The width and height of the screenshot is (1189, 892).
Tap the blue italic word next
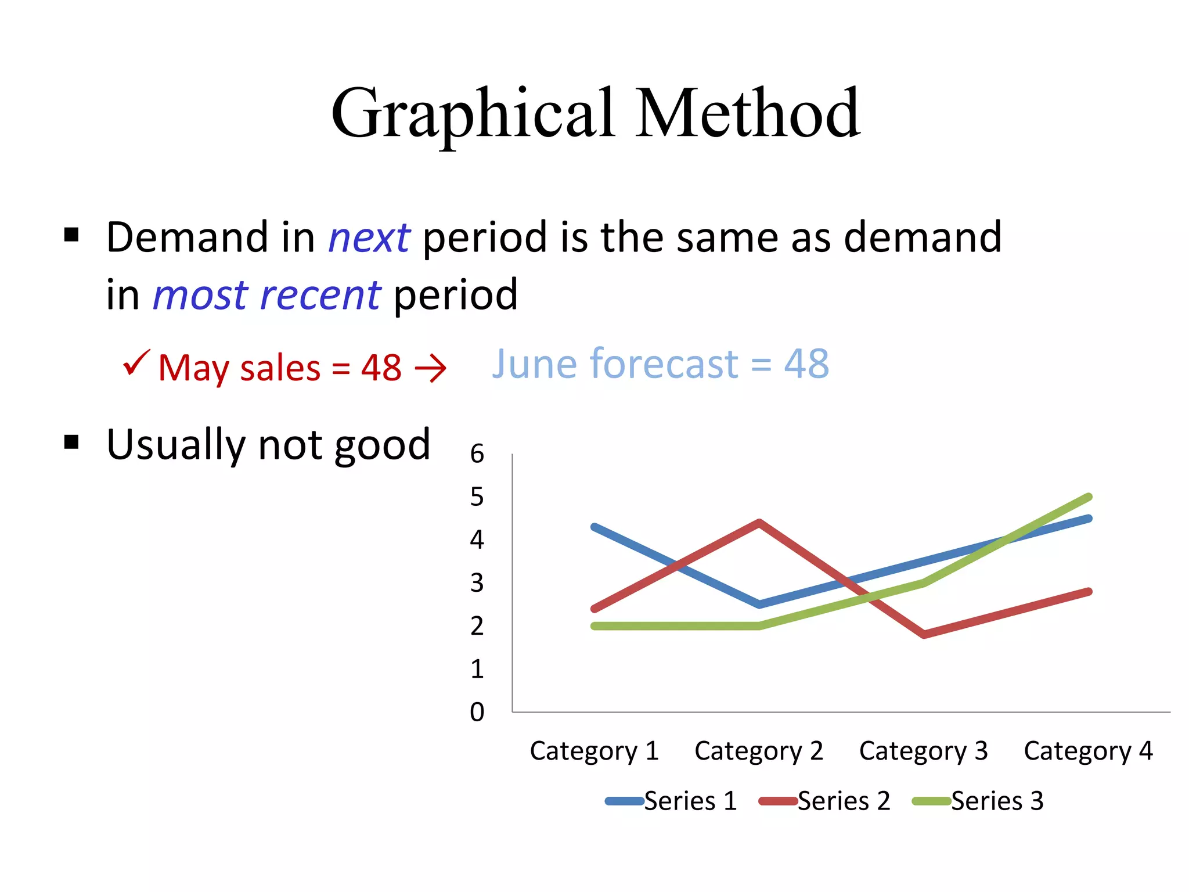369,238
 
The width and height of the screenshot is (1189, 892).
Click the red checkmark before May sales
136,364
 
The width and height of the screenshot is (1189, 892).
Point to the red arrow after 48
430,369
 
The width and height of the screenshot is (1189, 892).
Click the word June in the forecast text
535,364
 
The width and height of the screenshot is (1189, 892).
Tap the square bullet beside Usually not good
71,443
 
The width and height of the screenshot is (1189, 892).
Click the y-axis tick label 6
477,454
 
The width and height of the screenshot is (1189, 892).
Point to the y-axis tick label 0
477,712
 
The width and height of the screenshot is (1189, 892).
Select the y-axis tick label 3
477,583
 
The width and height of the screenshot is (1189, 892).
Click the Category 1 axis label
594,751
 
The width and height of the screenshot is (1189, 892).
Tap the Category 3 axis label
923,751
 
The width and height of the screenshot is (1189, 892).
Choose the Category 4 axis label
1088,751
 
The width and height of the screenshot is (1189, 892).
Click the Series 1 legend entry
672,801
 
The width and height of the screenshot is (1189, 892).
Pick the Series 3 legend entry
979,801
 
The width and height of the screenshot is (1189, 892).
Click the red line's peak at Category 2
759,522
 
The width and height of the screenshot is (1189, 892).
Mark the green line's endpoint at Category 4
1088,498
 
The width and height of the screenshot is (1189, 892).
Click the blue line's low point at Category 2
759,605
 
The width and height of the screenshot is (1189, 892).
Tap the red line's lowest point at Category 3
924,634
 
